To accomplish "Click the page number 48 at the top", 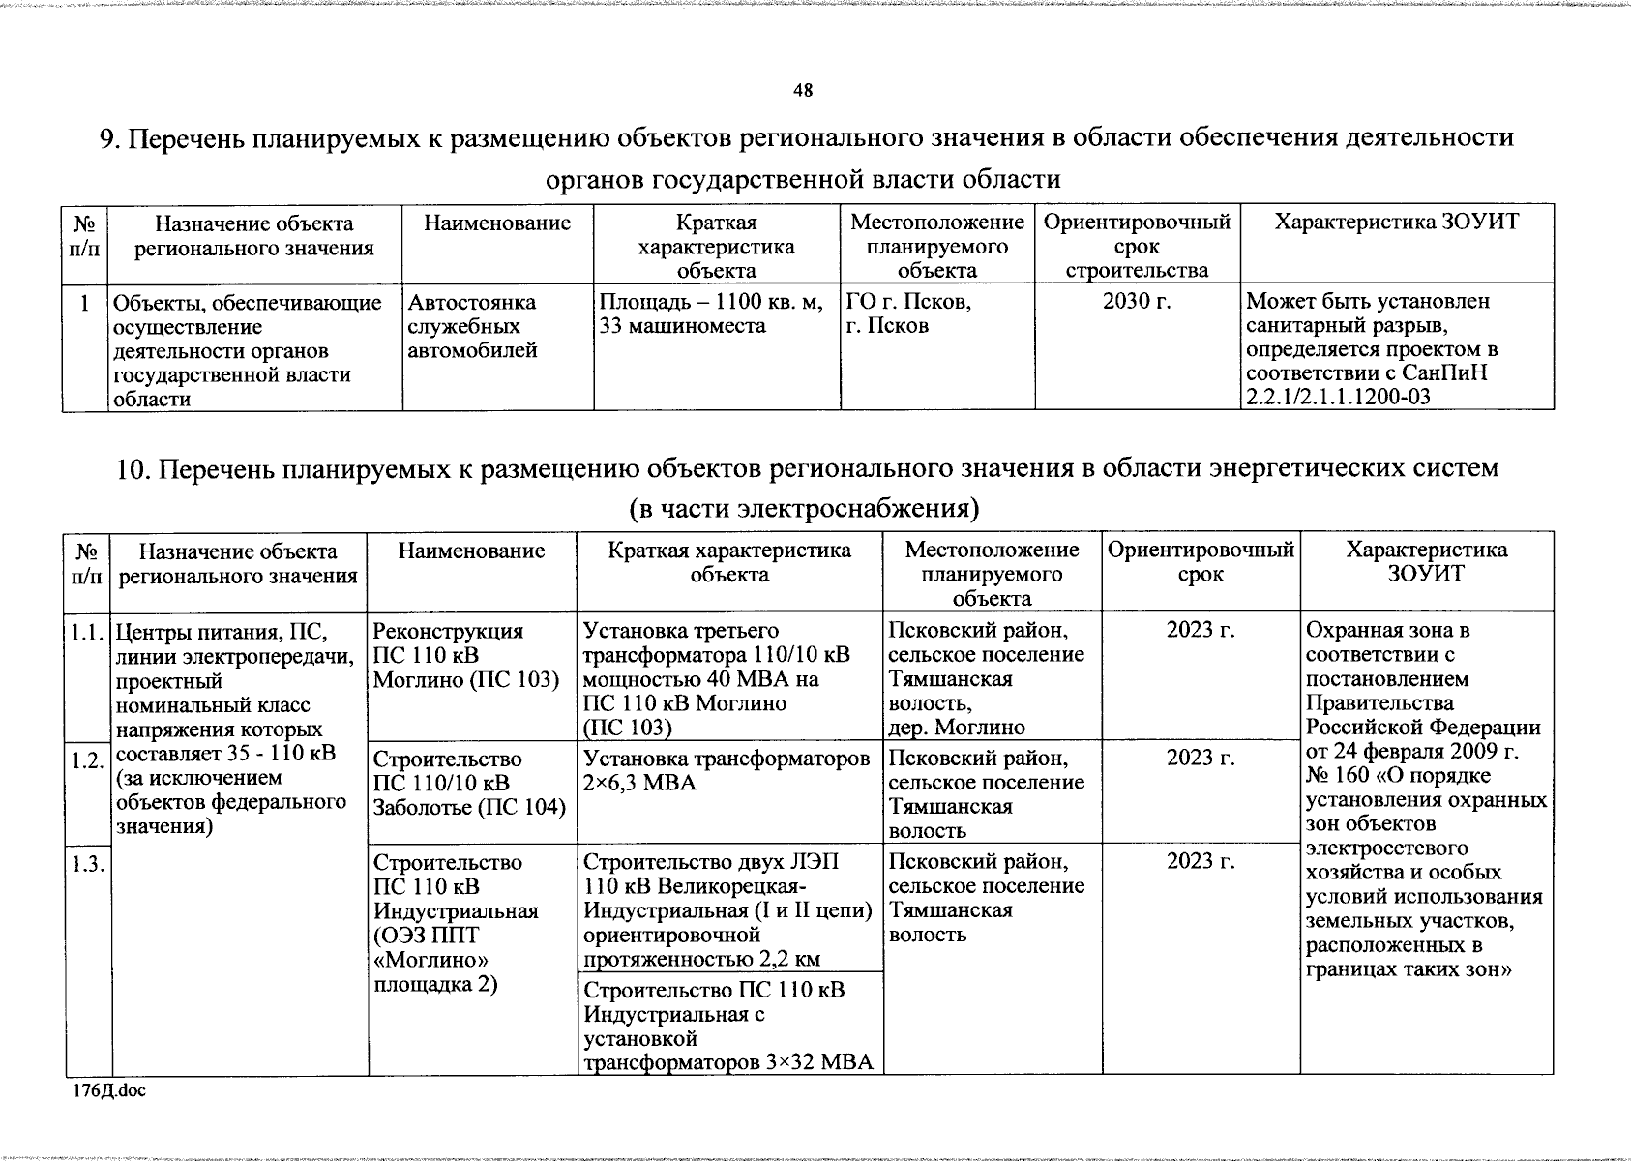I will (x=803, y=91).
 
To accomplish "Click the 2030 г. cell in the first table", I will (x=1137, y=302).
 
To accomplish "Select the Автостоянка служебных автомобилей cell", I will (x=472, y=327).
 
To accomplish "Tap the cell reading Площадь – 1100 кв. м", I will (x=716, y=314).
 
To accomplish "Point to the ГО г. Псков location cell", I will (x=907, y=314).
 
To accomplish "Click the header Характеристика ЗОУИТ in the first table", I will (x=1396, y=223).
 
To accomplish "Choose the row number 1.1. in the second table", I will (x=87, y=635).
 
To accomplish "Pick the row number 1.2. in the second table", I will (x=87, y=761).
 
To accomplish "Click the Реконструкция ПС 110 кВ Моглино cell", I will (x=466, y=656).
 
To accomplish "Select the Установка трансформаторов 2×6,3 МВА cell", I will (x=727, y=771).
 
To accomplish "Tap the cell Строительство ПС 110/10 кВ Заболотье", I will (x=469, y=783).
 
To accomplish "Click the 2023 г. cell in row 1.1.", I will (x=1201, y=631).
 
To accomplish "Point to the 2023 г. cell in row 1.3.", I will (x=1201, y=862).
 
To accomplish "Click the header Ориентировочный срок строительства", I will (x=1137, y=247).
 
